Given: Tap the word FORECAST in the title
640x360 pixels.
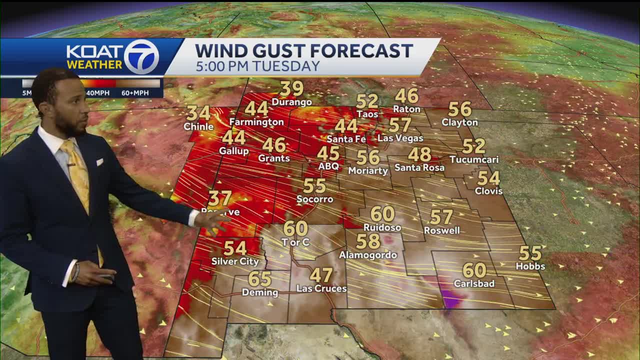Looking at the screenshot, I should click(362, 50).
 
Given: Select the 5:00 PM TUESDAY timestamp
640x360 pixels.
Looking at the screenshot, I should click(257, 66).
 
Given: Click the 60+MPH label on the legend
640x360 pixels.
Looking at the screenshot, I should click(135, 93).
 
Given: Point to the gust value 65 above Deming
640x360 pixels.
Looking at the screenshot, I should click(260, 279).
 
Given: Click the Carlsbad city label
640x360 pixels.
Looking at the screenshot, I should click(474, 283).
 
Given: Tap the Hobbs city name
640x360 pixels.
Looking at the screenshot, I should click(530, 266).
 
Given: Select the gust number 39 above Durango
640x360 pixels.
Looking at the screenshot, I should click(291, 89).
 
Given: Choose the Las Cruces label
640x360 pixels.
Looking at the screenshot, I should click(321, 288).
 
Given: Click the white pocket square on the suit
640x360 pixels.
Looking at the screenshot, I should click(99, 162).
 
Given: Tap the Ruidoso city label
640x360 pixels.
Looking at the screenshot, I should click(382, 227).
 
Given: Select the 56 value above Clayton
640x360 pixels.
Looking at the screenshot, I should click(459, 109).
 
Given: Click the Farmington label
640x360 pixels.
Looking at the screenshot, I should click(256, 122).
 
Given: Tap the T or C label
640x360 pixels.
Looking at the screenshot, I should click(295, 242).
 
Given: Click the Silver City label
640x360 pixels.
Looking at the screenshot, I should click(235, 261).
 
